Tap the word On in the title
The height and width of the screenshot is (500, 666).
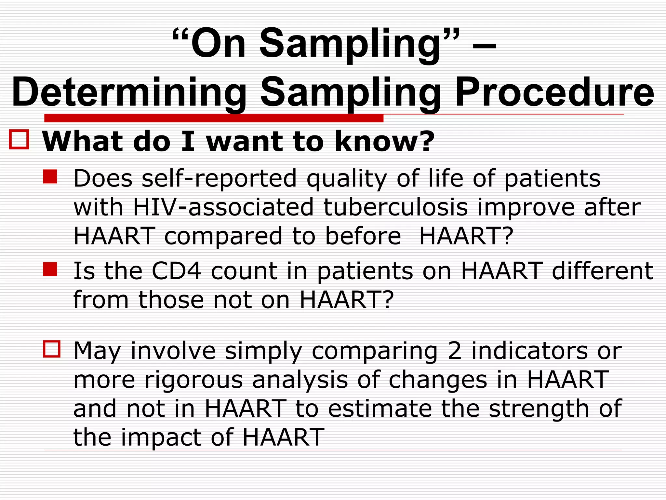point(218,44)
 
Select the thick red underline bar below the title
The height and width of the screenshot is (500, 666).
point(214,118)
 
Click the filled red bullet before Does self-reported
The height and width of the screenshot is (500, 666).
point(50,177)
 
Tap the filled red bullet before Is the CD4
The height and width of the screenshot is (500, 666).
point(50,269)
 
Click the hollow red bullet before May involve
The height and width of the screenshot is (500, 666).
point(52,349)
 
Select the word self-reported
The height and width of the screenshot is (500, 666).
point(219,179)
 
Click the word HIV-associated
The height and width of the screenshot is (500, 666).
point(223,207)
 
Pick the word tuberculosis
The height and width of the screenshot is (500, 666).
point(395,207)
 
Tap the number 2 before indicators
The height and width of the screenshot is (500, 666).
point(454,351)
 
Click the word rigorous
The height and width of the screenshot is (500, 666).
point(194,380)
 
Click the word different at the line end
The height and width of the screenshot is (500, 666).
point(603,271)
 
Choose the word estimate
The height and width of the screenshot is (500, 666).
point(380,409)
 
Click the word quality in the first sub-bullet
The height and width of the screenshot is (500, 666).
point(347,179)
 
